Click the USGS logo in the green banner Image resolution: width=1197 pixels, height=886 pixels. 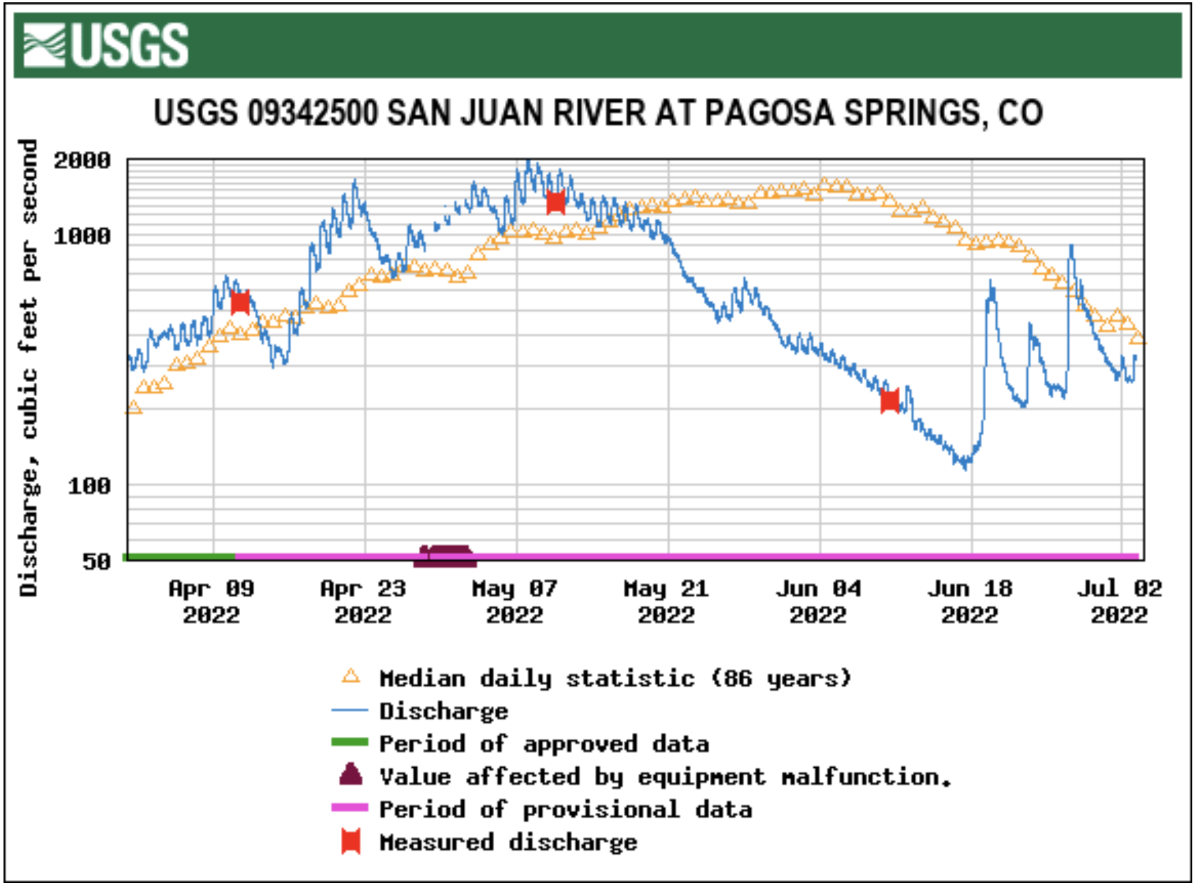[x=105, y=45]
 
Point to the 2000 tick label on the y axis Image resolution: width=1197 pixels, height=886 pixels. [x=82, y=160]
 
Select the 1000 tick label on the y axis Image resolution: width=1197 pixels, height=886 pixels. [x=82, y=236]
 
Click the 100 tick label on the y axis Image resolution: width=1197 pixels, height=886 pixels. [x=89, y=486]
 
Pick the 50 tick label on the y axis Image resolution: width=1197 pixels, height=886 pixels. [x=96, y=562]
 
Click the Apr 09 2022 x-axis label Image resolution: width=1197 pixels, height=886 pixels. [x=211, y=602]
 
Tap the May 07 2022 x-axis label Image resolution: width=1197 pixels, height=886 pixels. [x=515, y=602]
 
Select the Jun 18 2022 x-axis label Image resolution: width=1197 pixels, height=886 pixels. [x=970, y=602]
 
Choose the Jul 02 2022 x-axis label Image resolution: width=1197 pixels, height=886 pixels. [x=1119, y=602]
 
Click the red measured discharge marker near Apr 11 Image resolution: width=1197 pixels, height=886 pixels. [x=240, y=303]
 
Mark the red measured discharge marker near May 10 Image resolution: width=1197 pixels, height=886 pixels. [x=555, y=202]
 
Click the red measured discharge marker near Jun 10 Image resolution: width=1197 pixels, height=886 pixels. [x=890, y=401]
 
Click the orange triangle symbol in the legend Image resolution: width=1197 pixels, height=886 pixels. [x=351, y=677]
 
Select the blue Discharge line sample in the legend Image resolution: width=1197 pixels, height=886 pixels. [x=350, y=710]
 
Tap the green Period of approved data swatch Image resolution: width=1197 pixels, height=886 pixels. [x=350, y=743]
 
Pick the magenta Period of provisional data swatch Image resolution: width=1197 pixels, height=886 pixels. [x=350, y=808]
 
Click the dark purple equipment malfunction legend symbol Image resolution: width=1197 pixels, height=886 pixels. [x=351, y=775]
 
